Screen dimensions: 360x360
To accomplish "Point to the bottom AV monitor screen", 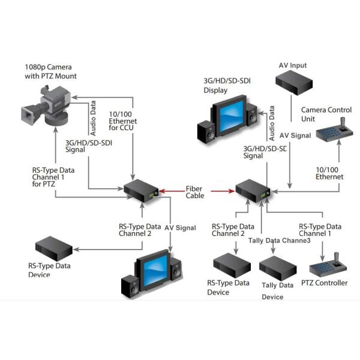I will [x=155, y=271].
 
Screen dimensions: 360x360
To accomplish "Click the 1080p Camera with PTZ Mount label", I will [x=50, y=71].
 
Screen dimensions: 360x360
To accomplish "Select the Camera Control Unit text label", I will [x=326, y=114].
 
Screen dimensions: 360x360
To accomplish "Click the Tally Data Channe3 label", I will [x=279, y=241].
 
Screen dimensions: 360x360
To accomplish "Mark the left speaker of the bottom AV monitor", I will [x=130, y=287].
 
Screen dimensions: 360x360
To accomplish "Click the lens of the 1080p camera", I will [x=28, y=114].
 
